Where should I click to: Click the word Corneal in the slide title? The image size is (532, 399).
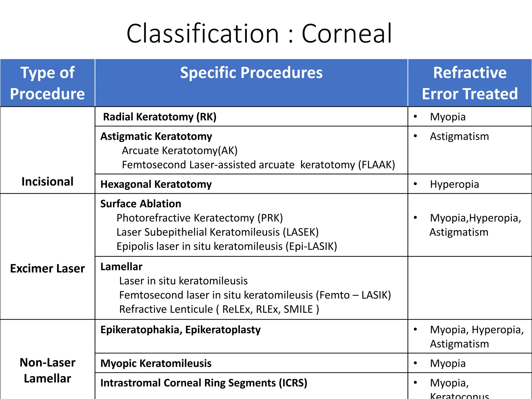click(x=347, y=34)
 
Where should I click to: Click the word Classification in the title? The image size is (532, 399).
click(x=203, y=34)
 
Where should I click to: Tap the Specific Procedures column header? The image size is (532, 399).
click(x=251, y=73)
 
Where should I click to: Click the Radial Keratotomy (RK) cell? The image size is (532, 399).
click(x=159, y=117)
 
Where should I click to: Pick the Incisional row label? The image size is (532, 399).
click(x=48, y=182)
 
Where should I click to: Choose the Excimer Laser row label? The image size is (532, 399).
click(x=48, y=269)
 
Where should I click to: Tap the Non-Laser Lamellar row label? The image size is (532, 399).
click(x=48, y=370)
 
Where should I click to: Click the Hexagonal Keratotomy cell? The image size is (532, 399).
click(x=156, y=184)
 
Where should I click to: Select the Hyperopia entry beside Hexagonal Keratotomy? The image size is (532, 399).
click(x=454, y=184)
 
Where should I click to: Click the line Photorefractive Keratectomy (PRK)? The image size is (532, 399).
click(x=199, y=218)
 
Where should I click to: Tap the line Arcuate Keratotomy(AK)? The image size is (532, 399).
click(x=180, y=151)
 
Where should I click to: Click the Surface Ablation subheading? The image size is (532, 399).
click(x=141, y=204)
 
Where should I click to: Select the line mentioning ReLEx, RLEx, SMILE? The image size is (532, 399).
click(x=219, y=309)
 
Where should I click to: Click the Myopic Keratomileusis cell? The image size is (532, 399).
click(x=156, y=363)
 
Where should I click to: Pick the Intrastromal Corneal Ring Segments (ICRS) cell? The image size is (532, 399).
click(x=204, y=383)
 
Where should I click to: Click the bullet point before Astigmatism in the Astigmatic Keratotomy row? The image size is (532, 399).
click(x=415, y=136)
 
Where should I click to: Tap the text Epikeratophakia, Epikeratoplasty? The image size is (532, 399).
click(x=180, y=330)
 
